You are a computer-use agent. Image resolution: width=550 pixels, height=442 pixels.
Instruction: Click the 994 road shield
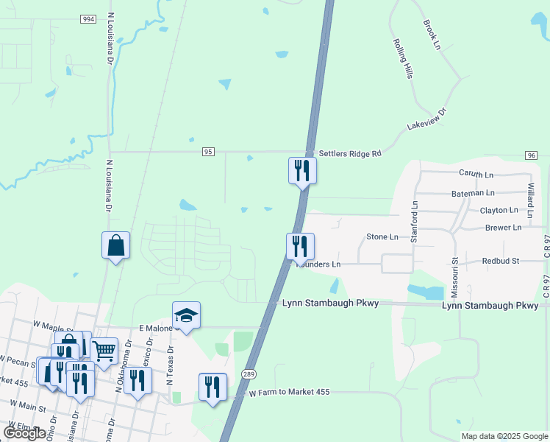[88, 18]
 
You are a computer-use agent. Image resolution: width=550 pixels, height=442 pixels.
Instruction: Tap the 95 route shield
[209, 152]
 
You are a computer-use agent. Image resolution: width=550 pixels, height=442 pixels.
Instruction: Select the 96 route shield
[531, 155]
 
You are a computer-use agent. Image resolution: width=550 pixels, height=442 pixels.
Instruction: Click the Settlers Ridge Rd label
[349, 154]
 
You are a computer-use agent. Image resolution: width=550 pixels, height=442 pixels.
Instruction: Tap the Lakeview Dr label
[427, 120]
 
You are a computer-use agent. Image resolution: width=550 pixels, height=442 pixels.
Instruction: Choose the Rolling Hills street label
[401, 59]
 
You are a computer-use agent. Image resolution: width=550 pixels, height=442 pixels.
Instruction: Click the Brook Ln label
[432, 35]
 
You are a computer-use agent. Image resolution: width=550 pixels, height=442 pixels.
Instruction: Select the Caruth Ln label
[476, 175]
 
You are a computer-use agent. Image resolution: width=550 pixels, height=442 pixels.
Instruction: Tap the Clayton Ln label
[499, 211]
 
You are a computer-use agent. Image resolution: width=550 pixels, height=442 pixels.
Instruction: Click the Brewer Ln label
[503, 228]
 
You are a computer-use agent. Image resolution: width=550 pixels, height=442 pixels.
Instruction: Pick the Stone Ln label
[382, 237]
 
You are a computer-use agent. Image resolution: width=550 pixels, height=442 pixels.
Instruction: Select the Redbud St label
[501, 261]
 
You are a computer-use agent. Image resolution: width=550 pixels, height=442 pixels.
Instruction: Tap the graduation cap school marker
[186, 315]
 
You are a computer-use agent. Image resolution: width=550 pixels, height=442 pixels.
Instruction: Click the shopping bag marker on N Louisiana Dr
[116, 245]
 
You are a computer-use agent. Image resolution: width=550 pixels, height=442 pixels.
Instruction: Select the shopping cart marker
[104, 351]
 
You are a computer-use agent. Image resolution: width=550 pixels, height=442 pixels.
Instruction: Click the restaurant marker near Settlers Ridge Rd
[301, 170]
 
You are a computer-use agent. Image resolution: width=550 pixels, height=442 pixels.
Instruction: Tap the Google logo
[24, 433]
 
